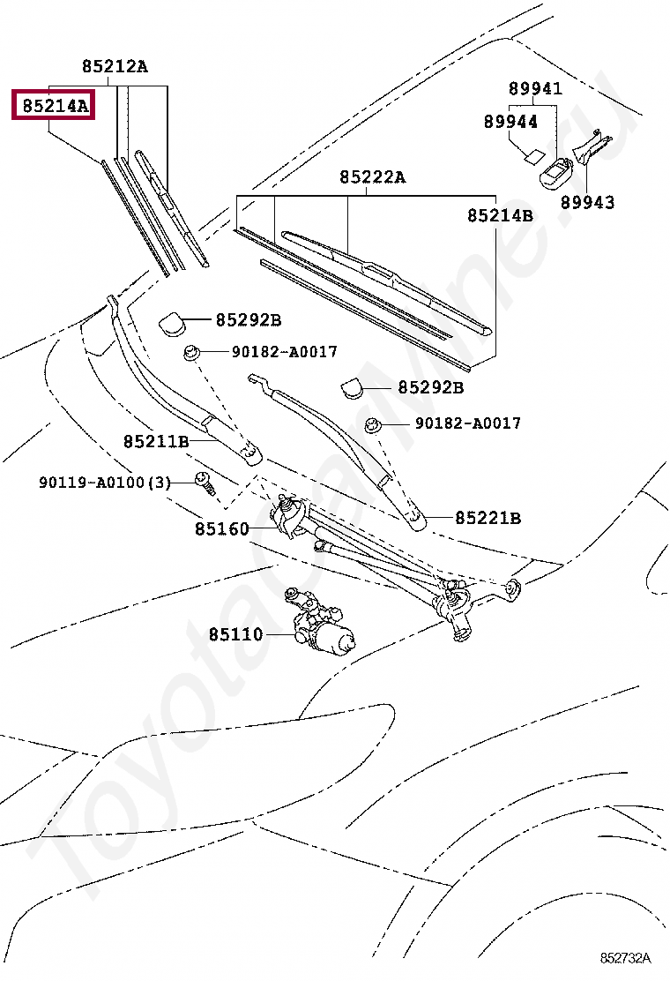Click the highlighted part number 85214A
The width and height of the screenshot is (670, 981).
coord(55,107)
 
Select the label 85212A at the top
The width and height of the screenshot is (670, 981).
coord(115,66)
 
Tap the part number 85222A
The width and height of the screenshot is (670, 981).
coord(372,177)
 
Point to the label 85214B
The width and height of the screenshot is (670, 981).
coord(500,215)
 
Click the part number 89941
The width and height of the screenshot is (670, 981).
coord(535,88)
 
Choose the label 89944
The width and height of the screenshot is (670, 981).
coord(510,122)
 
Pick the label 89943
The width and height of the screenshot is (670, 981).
coord(588,202)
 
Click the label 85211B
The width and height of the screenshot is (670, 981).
coord(156,440)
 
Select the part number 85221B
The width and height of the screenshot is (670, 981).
coord(488,518)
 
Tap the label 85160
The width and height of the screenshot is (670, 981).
coord(222,528)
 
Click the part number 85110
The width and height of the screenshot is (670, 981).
coord(235,633)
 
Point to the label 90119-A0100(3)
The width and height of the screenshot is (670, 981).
coord(104,483)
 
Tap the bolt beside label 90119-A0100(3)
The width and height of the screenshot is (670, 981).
coord(204,483)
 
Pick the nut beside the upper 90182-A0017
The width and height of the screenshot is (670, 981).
coord(190,354)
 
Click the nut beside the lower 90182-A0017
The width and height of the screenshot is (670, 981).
coord(373,425)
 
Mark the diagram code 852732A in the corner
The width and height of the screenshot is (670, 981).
coord(625,957)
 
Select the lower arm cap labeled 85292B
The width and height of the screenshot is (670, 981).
coord(354,388)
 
